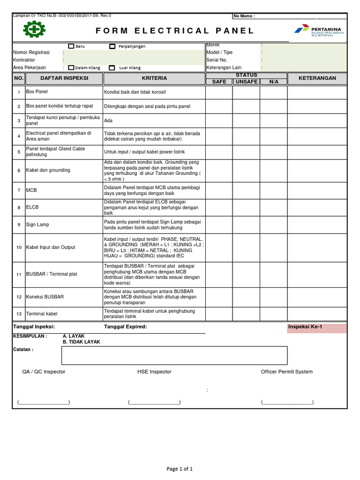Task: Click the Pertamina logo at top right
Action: [x=318, y=31]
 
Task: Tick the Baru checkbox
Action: [x=71, y=46]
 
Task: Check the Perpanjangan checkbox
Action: [x=112, y=46]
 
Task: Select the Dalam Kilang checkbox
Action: [x=71, y=67]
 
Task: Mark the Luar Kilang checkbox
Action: [x=112, y=67]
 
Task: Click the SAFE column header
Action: [x=219, y=82]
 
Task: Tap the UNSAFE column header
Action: [x=246, y=82]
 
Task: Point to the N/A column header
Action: [x=273, y=82]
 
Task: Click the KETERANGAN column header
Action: [x=317, y=78]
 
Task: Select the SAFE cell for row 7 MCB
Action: [x=219, y=190]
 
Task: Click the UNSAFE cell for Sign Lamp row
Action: [x=246, y=225]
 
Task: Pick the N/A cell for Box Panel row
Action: [x=273, y=92]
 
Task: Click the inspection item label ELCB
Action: [x=33, y=207]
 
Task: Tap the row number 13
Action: [x=19, y=314]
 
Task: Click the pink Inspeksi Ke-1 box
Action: [x=317, y=328]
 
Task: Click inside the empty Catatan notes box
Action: [x=174, y=355]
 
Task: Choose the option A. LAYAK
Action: [x=74, y=336]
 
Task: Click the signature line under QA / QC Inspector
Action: [x=43, y=402]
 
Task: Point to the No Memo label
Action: [x=244, y=16]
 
